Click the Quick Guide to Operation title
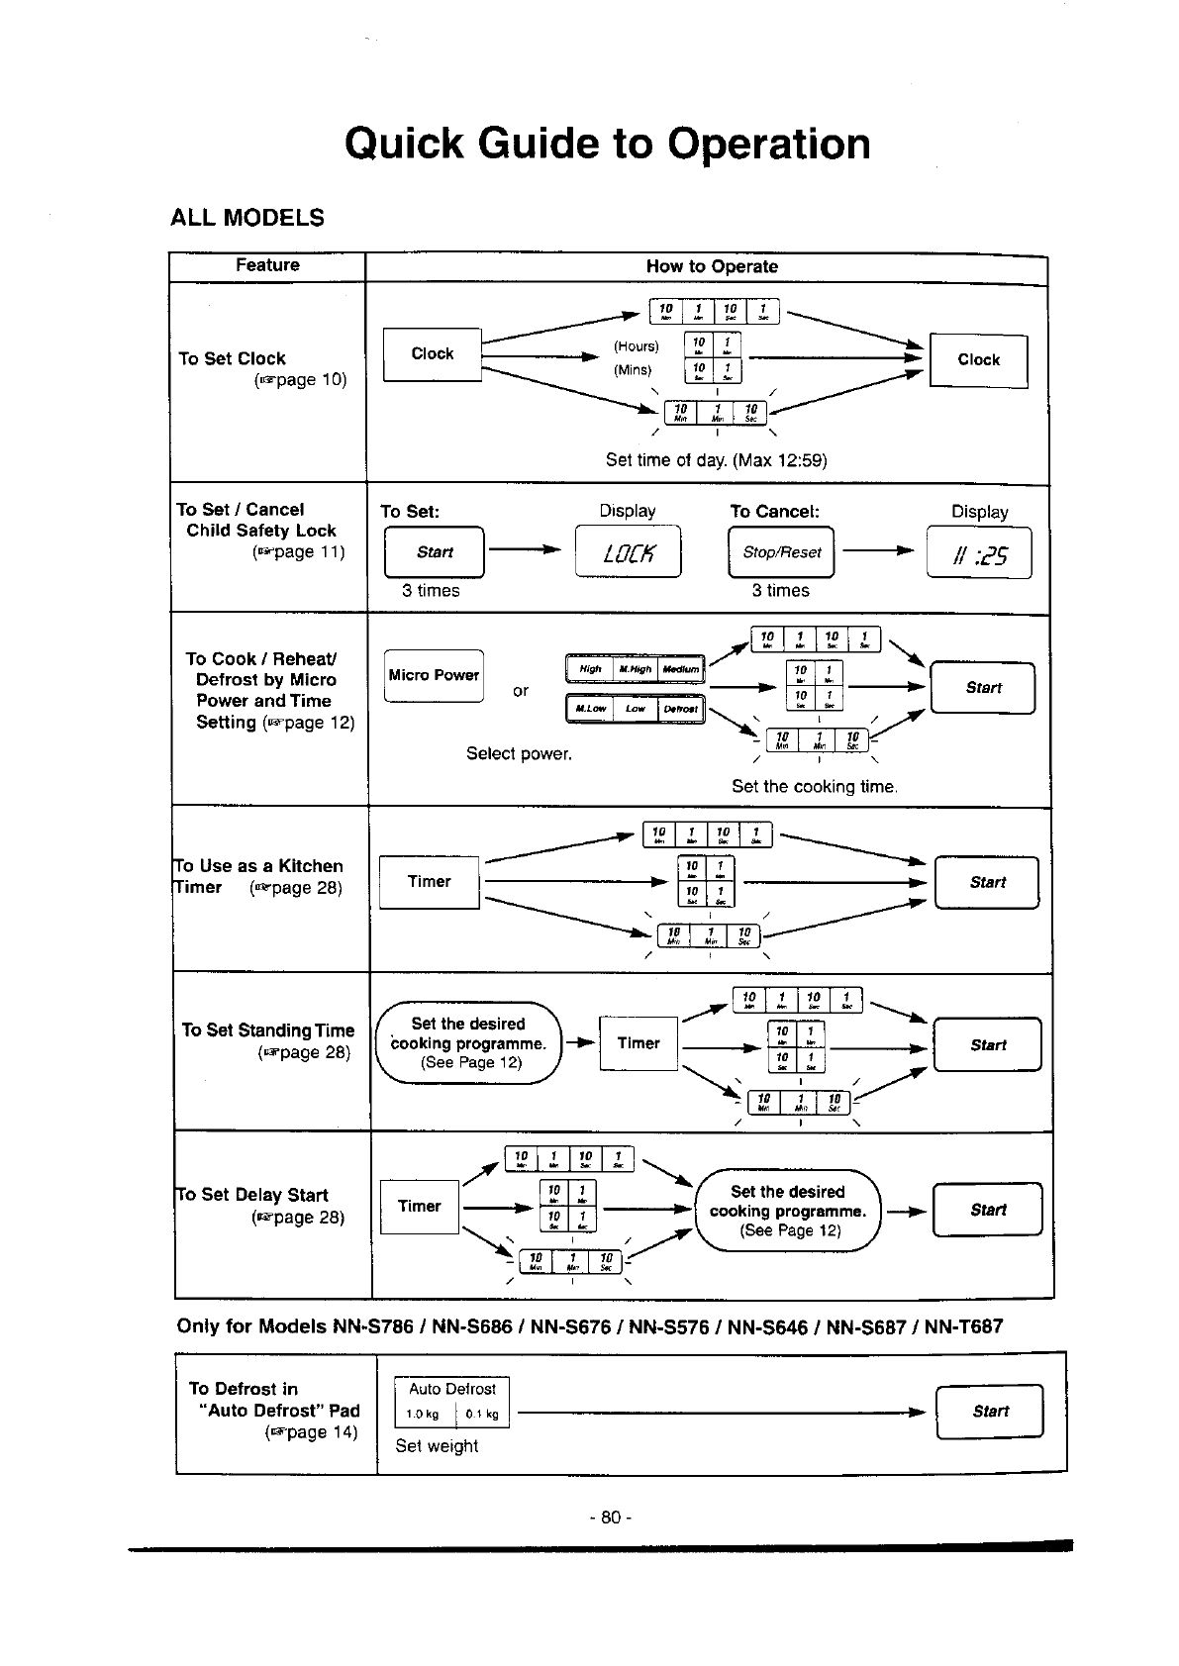pos(608,144)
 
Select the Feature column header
pos(267,265)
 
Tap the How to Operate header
pos(712,266)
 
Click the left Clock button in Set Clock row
pos(432,354)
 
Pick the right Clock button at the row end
pos(978,360)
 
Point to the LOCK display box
pos(628,552)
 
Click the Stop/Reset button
pos(781,552)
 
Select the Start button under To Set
pos(435,552)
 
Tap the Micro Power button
pos(434,675)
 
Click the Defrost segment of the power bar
pos(680,709)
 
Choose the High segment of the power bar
pos(590,669)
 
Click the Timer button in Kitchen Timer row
pos(429,882)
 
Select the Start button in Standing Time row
pos(987,1045)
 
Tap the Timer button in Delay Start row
pos(419,1207)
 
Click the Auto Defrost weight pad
pos(451,1403)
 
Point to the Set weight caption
pos(437,1446)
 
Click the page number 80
pos(610,1518)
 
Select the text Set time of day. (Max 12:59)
pos(716,460)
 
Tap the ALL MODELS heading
pos(247,218)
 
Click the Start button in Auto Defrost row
pos(989,1412)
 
